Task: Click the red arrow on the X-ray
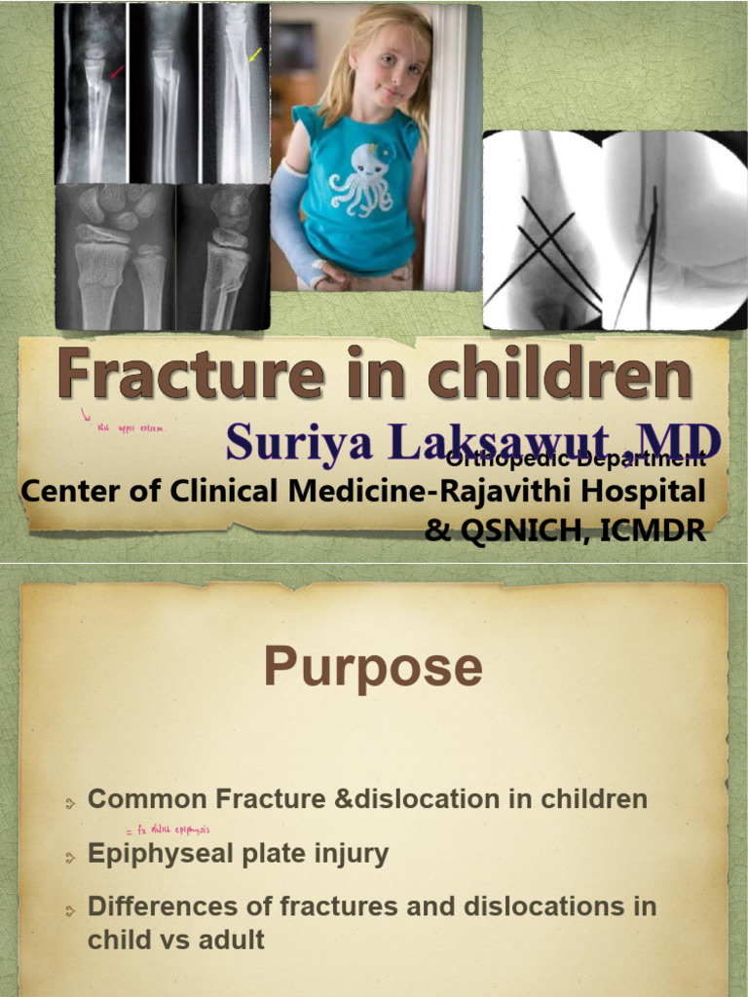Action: point(116,71)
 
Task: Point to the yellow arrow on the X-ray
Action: point(255,55)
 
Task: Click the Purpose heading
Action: point(373,668)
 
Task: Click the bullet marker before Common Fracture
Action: point(70,803)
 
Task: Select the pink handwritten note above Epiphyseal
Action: point(168,831)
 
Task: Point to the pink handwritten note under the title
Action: point(127,425)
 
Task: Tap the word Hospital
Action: point(642,491)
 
